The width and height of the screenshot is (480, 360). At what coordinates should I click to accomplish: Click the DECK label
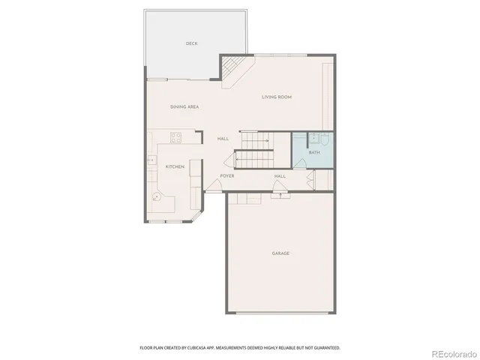tap(191, 43)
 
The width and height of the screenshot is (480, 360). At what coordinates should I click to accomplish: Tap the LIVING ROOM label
tap(276, 97)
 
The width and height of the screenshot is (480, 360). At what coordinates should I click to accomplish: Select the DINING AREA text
tap(184, 107)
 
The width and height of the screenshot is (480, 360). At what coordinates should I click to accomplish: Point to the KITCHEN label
tap(175, 166)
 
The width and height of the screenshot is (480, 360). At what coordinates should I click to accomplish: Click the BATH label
tap(313, 153)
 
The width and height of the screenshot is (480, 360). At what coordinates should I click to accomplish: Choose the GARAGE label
tap(280, 253)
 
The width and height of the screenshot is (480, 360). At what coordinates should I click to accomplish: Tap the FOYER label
tap(226, 176)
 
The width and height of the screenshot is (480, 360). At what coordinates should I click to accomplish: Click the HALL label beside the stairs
tap(223, 139)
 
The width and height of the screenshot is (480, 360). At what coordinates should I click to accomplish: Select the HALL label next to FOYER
tap(280, 176)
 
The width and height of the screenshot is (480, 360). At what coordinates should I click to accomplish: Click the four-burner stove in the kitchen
tap(176, 137)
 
